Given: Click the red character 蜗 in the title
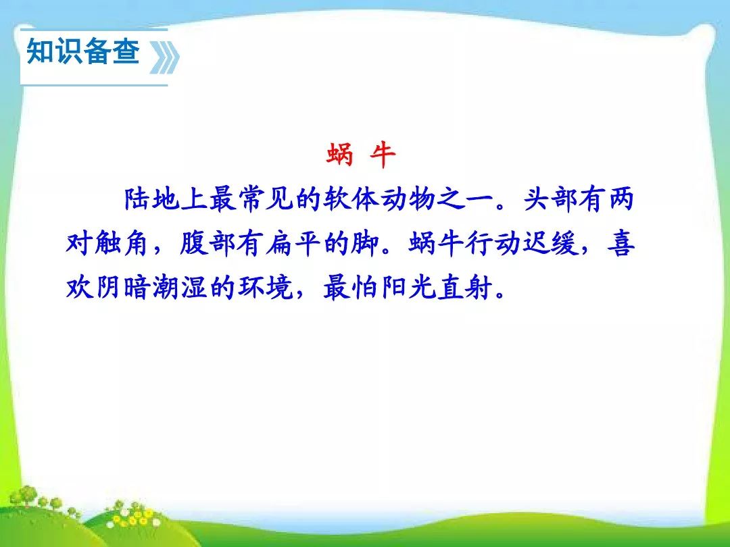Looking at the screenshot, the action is [x=339, y=155].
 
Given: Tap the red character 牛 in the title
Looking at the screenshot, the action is [x=382, y=155].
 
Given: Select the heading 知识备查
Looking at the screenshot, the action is [x=83, y=51].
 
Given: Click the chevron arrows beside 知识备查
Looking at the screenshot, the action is [x=164, y=57].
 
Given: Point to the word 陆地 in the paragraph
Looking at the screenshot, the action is [x=152, y=199].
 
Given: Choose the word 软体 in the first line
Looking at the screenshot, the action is [x=351, y=199].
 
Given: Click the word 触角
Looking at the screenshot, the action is [x=122, y=244].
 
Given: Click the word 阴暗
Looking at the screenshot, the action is [x=122, y=288].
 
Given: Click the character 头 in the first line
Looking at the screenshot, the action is [x=537, y=199].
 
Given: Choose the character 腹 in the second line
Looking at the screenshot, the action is [x=194, y=244].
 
